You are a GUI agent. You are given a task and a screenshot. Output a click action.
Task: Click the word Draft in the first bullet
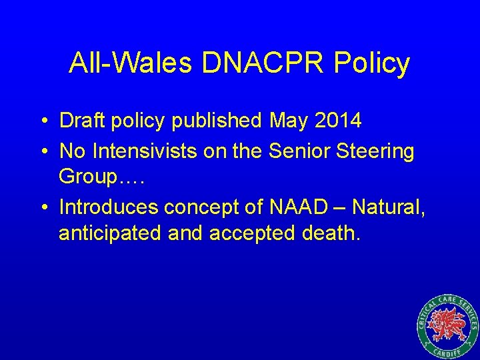click(x=79, y=121)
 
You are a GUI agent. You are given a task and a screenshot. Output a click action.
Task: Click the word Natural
click(x=388, y=207)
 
